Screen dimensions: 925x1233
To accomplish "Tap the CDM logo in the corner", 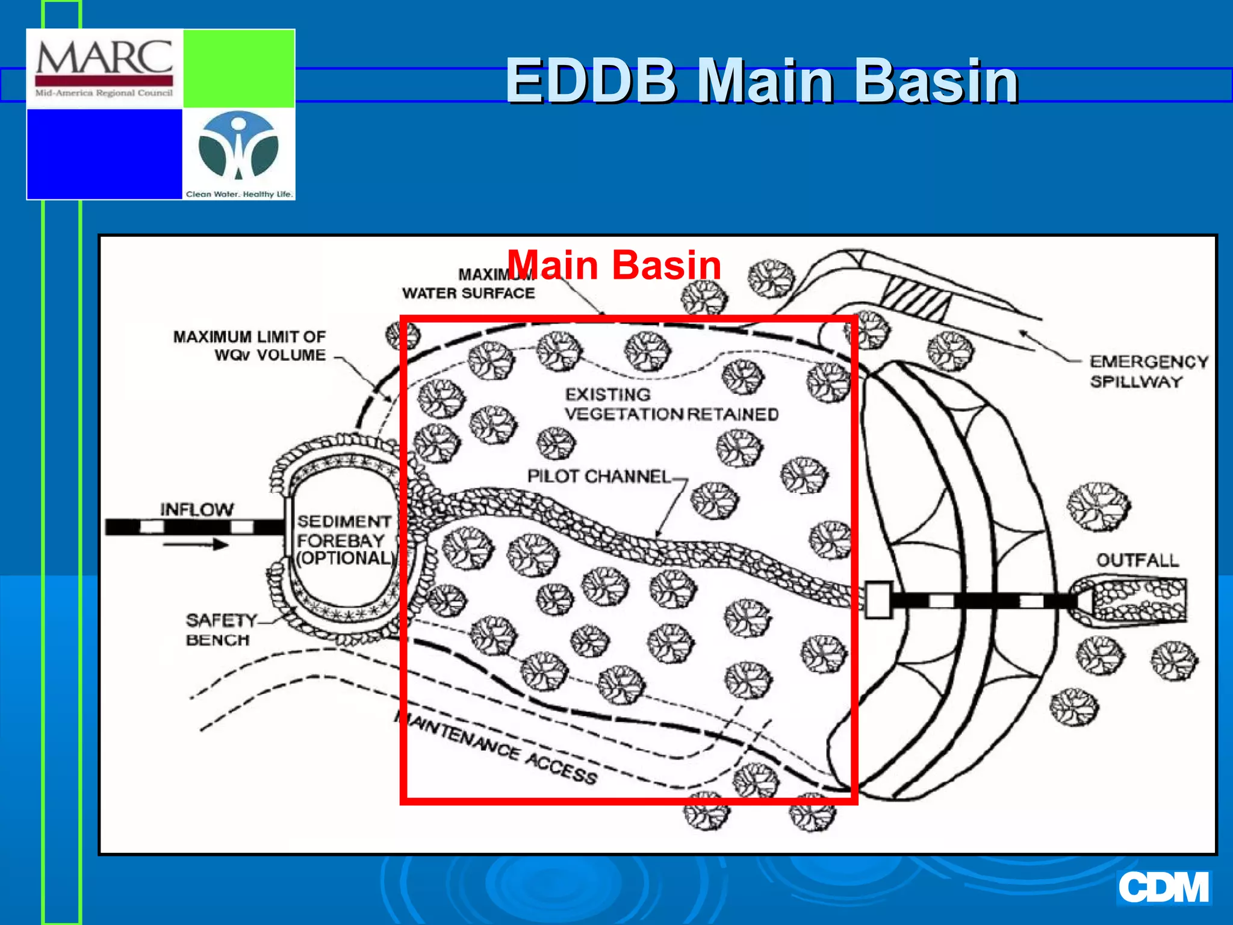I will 1163,887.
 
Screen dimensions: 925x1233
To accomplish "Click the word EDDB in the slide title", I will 590,81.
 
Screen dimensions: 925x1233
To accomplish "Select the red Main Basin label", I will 614,265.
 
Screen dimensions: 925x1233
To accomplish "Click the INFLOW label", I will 196,509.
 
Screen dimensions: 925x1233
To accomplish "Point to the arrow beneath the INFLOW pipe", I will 195,545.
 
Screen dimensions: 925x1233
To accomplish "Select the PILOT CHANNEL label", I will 598,476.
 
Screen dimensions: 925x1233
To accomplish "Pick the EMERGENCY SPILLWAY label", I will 1148,371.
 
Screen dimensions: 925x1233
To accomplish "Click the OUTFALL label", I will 1137,560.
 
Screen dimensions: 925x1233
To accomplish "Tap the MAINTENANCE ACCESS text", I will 497,748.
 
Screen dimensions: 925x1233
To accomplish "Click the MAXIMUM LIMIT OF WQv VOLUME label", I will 249,346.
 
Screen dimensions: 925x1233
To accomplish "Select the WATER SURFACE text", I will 468,293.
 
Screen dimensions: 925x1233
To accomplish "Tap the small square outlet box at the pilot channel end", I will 878,600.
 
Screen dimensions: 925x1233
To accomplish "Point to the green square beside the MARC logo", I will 238,69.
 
